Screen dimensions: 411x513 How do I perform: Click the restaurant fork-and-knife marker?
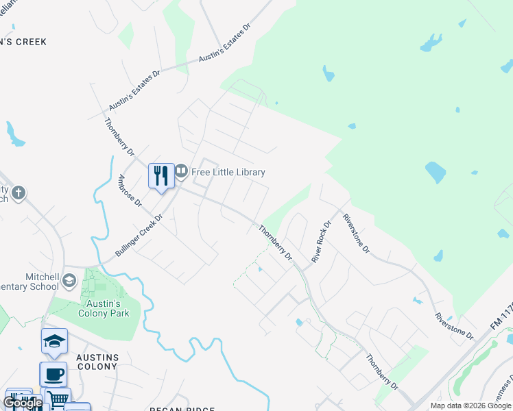pos(161,176)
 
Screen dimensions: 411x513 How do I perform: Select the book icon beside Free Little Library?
pos(181,171)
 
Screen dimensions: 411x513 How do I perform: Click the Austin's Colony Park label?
pos(104,308)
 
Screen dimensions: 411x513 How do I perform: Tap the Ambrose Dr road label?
pos(130,191)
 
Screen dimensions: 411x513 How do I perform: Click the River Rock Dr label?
pos(322,242)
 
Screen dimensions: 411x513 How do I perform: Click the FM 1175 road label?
pos(503,318)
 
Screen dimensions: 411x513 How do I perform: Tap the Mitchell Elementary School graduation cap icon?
pos(69,280)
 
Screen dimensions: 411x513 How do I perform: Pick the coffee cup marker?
pos(53,374)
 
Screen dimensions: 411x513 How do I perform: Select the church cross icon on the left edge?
pos(18,193)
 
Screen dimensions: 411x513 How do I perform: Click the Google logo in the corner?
pos(23,403)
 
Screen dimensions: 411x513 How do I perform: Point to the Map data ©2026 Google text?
pos(470,406)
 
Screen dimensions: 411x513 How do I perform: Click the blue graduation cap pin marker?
pos(55,340)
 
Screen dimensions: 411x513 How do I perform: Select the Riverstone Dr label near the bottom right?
pos(455,326)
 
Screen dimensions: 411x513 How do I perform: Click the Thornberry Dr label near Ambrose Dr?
pos(118,137)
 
